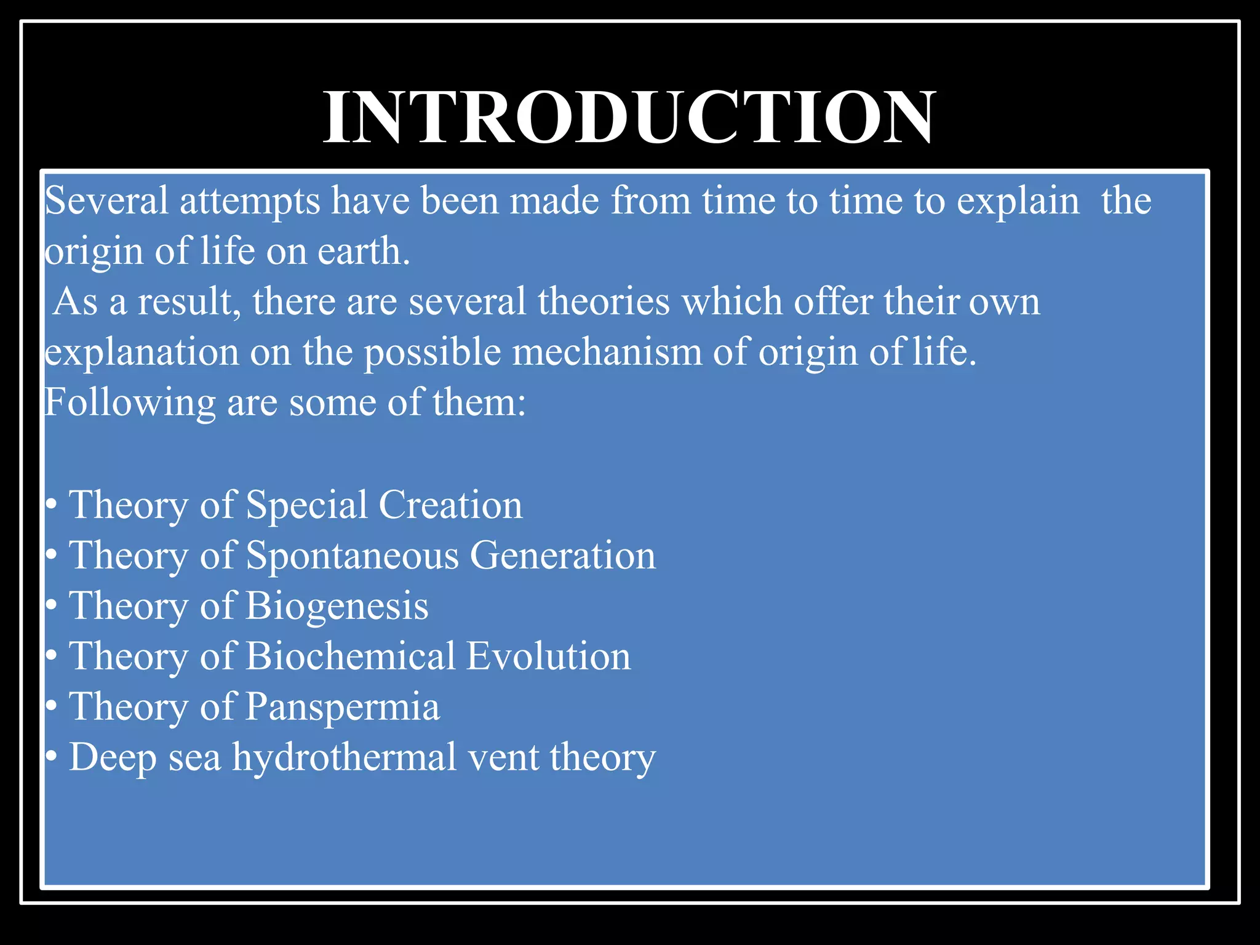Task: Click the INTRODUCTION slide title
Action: tap(629, 117)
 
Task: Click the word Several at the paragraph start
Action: tap(106, 201)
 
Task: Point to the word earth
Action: tap(363, 252)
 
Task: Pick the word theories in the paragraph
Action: tap(604, 302)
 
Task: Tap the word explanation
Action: tap(142, 354)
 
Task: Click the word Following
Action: tap(130, 404)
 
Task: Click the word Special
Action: tap(306, 506)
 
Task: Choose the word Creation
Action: tap(450, 505)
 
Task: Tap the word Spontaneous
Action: tap(353, 556)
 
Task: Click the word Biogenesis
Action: tap(337, 607)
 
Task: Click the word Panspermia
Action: tap(343, 708)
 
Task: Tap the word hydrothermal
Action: tap(345, 757)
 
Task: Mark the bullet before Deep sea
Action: tap(52, 757)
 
